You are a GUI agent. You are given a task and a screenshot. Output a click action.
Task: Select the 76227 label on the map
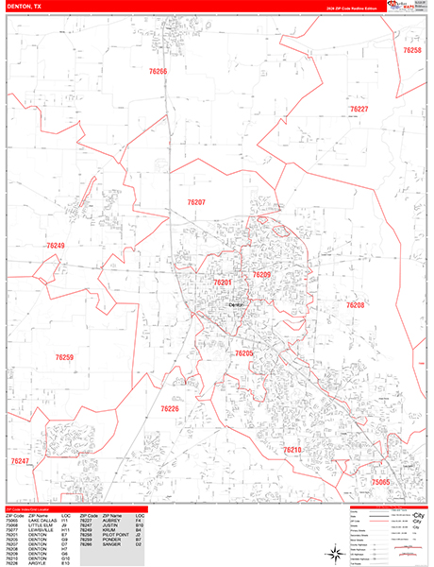coord(359,110)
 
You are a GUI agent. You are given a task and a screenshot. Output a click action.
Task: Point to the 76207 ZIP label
coord(196,202)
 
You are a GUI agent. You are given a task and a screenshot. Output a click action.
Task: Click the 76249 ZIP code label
coord(56,246)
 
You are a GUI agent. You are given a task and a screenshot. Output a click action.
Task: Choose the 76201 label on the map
coord(222,283)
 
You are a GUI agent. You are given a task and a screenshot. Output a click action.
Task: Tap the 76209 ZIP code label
coord(261,274)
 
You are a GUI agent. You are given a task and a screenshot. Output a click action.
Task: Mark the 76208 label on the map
coord(355,305)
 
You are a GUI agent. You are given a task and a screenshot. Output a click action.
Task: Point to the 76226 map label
coord(170,408)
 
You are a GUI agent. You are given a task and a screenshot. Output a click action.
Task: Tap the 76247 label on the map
coord(21,461)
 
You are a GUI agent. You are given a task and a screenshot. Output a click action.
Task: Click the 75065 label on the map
coord(380,482)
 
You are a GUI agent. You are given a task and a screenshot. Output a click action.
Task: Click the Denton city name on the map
coord(236,304)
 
